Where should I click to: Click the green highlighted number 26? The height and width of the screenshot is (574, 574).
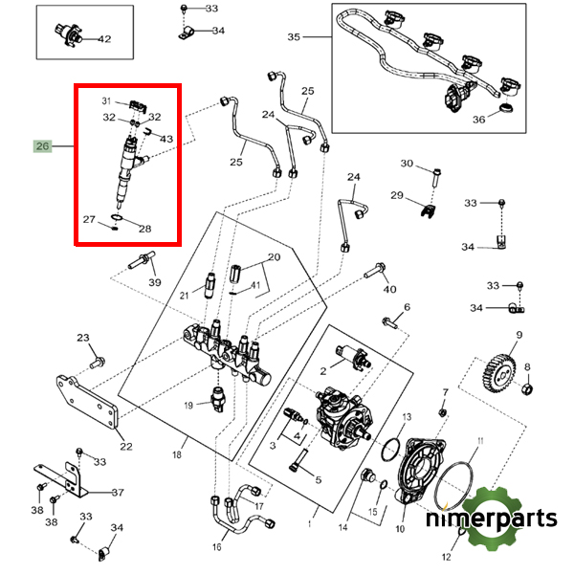click(x=43, y=146)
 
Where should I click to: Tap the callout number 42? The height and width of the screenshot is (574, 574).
click(x=104, y=39)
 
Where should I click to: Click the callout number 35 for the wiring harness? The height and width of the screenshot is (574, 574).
click(x=294, y=37)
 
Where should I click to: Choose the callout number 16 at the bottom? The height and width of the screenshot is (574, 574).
click(x=216, y=547)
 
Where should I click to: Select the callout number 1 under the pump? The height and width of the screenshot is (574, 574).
click(x=309, y=524)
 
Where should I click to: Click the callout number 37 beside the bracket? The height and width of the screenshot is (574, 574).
click(x=118, y=493)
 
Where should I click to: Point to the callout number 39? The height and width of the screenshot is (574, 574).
click(x=154, y=282)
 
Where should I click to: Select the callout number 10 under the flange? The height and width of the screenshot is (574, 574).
click(x=401, y=528)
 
